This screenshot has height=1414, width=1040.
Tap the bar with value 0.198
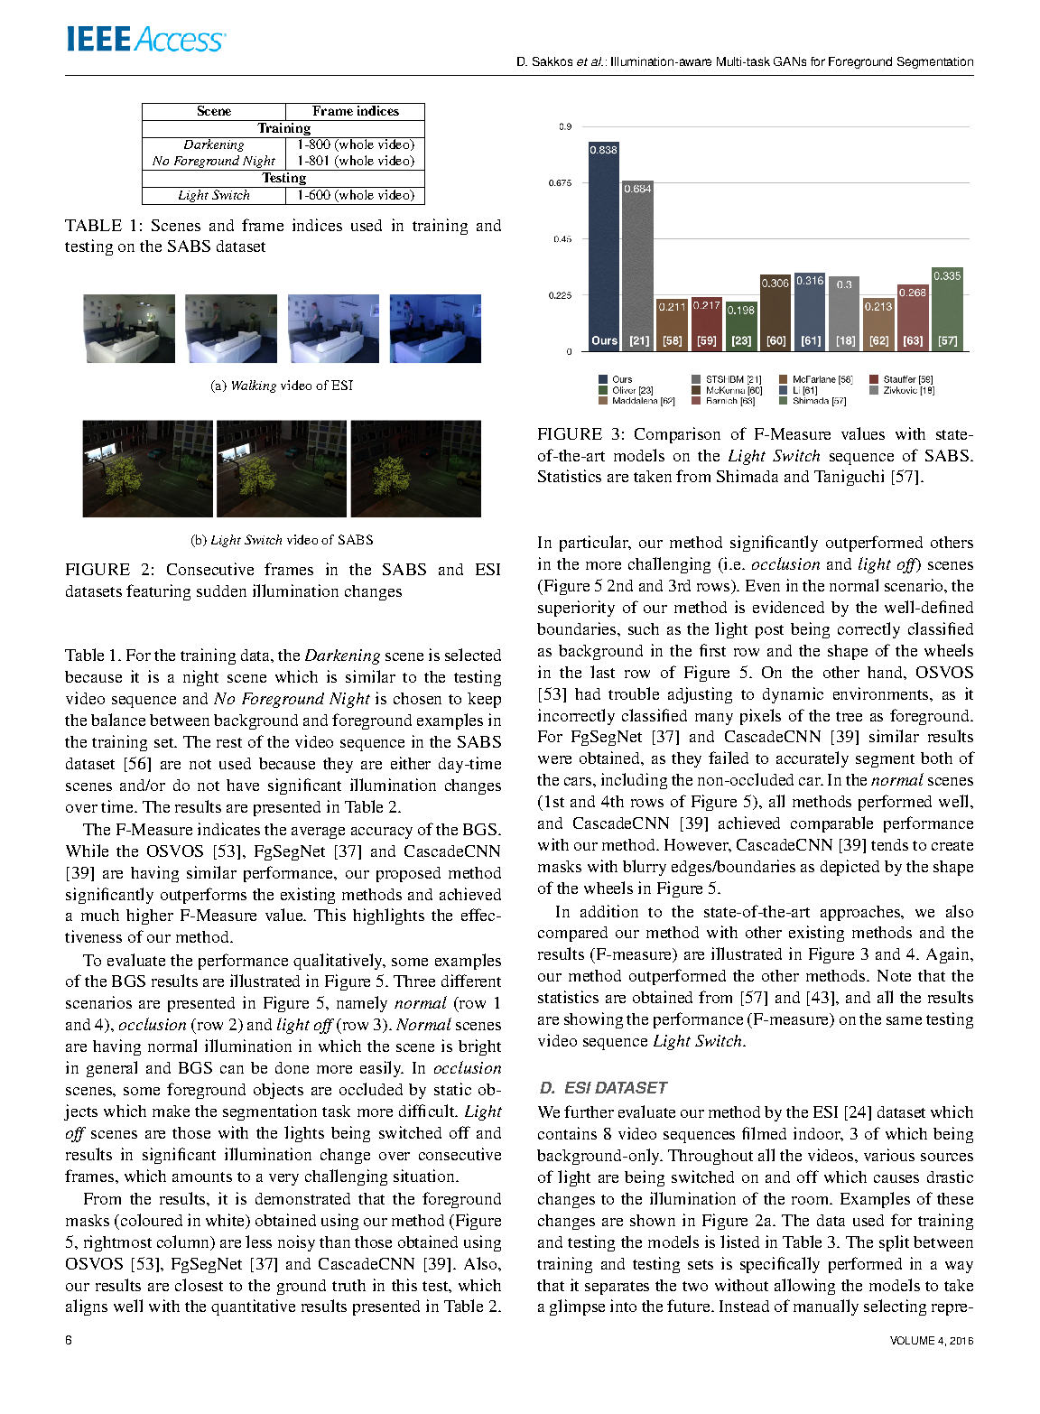point(741,326)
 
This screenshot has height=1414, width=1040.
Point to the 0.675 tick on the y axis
point(560,183)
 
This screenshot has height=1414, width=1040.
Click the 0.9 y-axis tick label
point(565,126)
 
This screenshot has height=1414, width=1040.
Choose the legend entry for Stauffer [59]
point(907,380)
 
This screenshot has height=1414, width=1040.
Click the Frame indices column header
point(355,111)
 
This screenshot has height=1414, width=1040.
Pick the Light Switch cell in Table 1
point(214,195)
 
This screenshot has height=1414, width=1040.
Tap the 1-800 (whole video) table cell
point(356,144)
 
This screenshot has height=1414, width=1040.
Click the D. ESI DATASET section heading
point(602,1088)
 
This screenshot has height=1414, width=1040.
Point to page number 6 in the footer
point(69,1340)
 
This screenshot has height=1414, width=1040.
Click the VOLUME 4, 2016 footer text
point(931,1341)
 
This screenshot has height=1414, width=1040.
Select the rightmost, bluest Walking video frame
point(435,329)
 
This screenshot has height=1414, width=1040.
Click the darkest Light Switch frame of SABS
point(416,469)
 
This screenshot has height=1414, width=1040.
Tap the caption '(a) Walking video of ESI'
point(282,386)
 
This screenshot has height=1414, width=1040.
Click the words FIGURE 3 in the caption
point(569,434)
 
